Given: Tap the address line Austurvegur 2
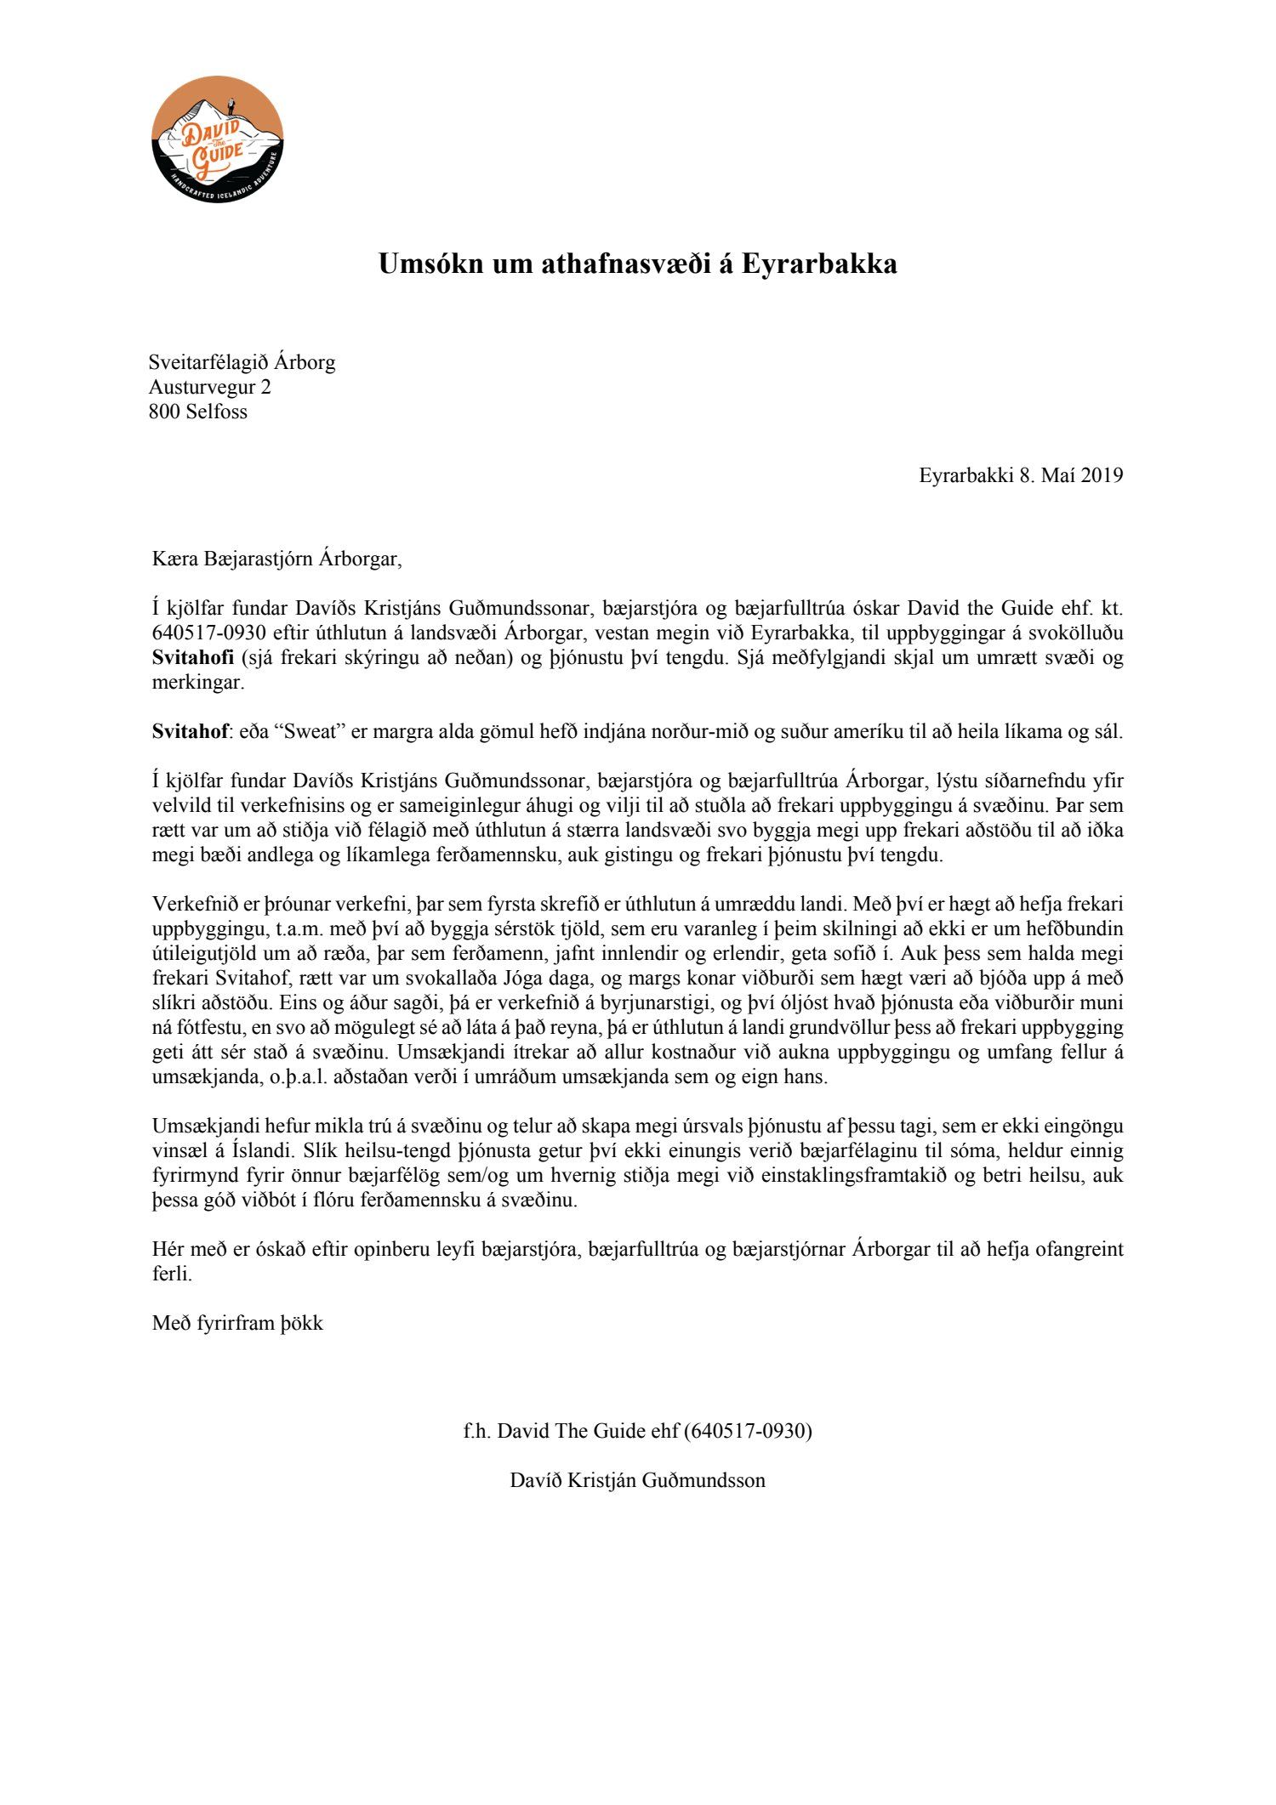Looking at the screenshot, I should [x=209, y=388].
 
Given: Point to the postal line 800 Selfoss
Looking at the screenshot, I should [x=198, y=412].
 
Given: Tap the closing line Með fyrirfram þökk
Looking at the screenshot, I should [x=237, y=1324].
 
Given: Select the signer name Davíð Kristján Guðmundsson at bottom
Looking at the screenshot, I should [x=637, y=1480].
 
